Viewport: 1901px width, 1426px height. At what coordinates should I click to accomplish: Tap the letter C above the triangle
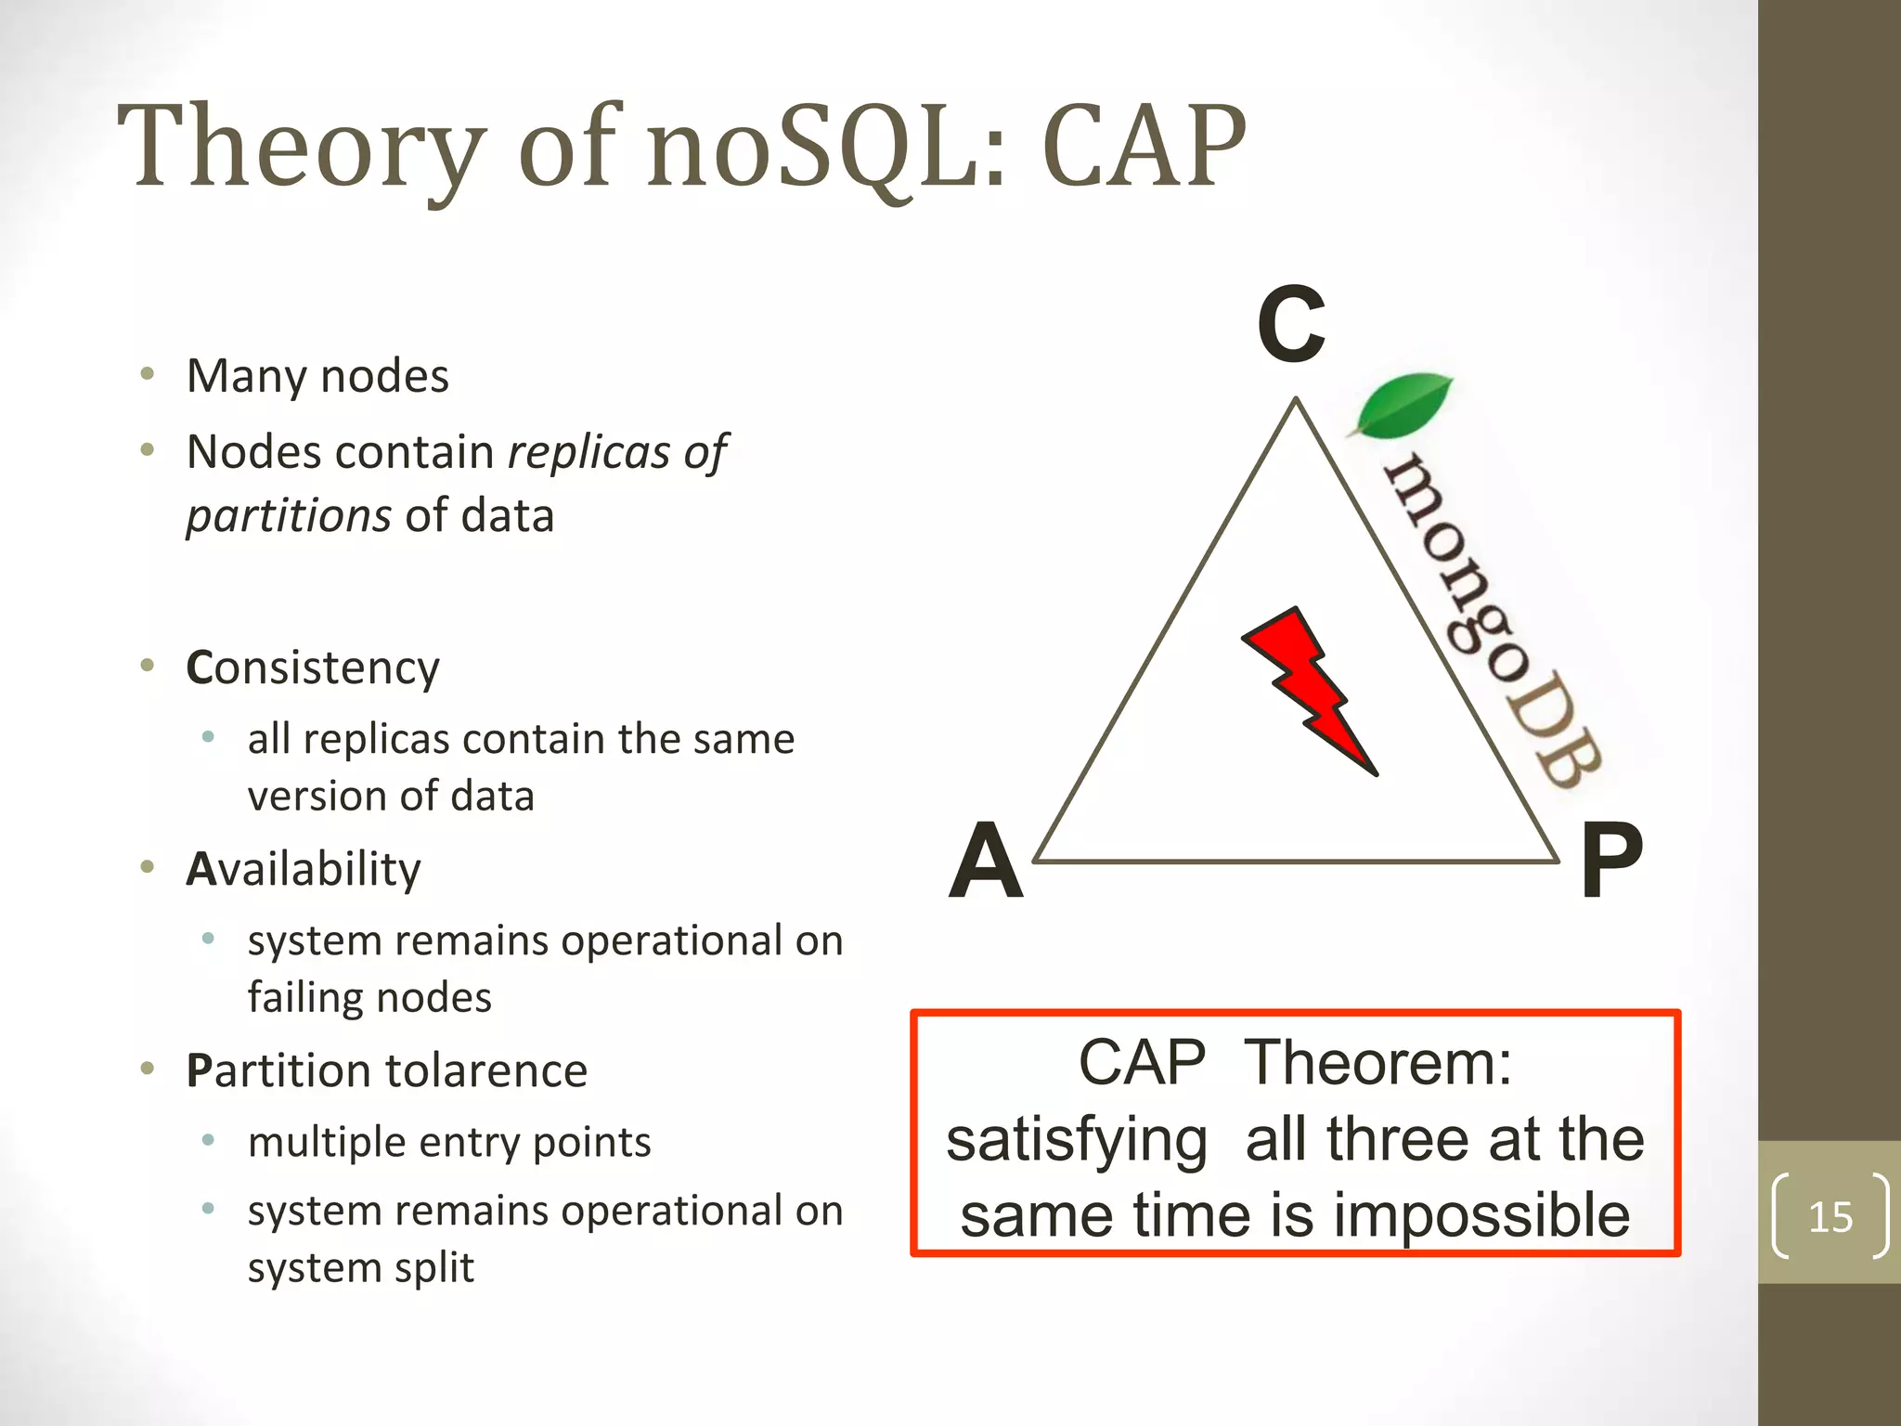1291,325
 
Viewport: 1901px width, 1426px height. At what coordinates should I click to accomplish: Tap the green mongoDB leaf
1403,405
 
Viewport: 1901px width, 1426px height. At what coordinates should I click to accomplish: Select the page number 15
1830,1217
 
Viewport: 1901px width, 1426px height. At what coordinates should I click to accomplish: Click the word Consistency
313,668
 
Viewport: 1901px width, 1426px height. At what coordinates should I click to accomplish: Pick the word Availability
304,870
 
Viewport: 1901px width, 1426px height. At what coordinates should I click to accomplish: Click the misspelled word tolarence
486,1071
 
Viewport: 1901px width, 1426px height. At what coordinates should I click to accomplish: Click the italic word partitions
289,516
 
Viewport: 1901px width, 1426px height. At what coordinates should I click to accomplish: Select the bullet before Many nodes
147,375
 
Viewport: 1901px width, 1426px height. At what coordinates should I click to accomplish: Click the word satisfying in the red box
1077,1140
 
